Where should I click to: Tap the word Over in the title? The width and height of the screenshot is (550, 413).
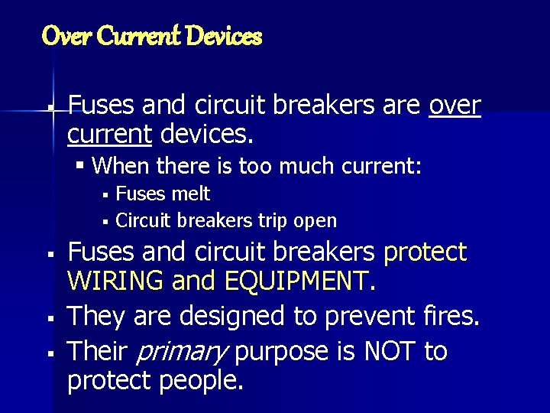60,35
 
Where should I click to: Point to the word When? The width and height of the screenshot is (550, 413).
127,165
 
